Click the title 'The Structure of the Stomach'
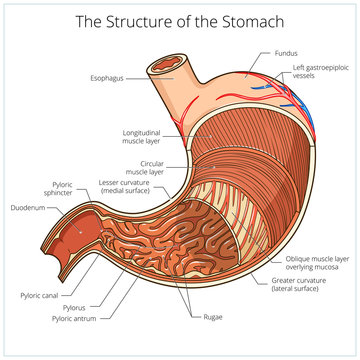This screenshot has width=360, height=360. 179,22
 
